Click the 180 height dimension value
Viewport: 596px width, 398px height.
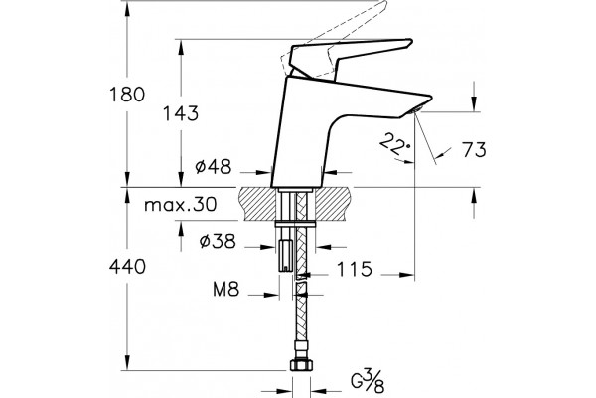(x=127, y=95)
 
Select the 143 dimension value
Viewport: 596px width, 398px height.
(x=181, y=113)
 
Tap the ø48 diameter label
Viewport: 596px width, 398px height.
(x=214, y=166)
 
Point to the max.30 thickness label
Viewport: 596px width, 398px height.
(x=181, y=205)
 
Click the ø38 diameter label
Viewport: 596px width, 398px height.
(x=218, y=241)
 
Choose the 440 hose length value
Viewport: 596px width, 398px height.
(x=127, y=267)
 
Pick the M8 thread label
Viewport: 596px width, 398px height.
(x=226, y=290)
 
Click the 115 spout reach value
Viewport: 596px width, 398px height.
(x=355, y=269)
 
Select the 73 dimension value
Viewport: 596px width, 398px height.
(x=474, y=149)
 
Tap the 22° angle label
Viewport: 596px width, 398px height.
(x=395, y=144)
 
